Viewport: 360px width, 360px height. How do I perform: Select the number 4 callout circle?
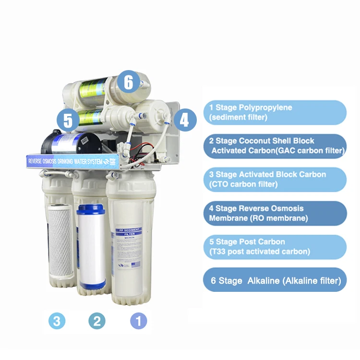point(184,120)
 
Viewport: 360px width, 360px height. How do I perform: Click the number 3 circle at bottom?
point(57,321)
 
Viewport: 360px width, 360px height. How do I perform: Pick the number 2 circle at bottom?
point(96,321)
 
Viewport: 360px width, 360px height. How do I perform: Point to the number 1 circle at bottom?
point(139,321)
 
